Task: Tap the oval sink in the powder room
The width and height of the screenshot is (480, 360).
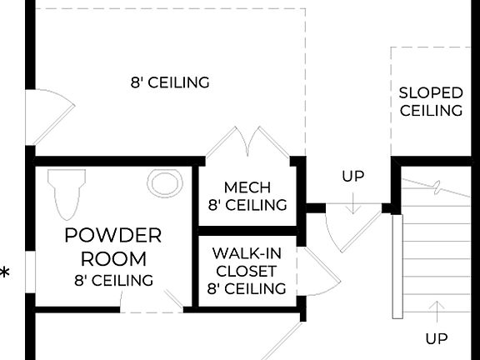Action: pos(165,182)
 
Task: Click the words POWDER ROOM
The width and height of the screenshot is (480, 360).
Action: pos(113,247)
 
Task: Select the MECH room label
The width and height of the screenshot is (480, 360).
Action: pos(247,187)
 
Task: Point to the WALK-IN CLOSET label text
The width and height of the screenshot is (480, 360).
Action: pos(247,262)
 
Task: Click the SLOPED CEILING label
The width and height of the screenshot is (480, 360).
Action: pos(431,101)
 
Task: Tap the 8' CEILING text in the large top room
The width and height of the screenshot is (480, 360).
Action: pos(169,82)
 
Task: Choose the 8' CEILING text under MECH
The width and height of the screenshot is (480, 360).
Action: pos(247,205)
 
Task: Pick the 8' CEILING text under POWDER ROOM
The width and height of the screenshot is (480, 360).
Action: pos(113,281)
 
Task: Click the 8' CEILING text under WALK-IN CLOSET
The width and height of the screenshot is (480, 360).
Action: pos(247,289)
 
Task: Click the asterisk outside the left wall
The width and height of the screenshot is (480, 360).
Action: pos(6,272)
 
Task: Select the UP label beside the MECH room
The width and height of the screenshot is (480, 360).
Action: pos(352,177)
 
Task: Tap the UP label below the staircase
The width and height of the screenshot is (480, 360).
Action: pos(436,338)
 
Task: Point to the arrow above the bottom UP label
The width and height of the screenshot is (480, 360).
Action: pos(435,312)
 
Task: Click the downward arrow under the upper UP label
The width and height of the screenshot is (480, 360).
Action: pos(352,202)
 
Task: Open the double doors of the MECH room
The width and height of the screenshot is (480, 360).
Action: pos(247,143)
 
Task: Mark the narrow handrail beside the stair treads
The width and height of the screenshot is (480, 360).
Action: pos(397,266)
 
